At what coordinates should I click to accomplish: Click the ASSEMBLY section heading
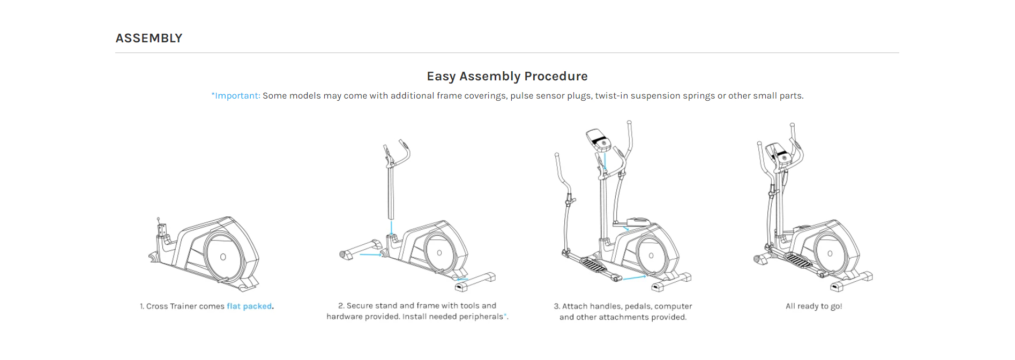(149, 38)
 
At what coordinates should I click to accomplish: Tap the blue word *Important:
(236, 95)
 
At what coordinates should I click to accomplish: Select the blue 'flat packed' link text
(249, 306)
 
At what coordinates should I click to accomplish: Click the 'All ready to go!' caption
(814, 306)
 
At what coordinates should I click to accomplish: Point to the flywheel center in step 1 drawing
(223, 257)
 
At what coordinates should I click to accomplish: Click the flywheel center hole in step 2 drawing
(439, 253)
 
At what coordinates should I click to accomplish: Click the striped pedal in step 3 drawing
(593, 265)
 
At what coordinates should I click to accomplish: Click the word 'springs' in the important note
(699, 96)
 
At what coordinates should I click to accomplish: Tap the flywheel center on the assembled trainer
(830, 253)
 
